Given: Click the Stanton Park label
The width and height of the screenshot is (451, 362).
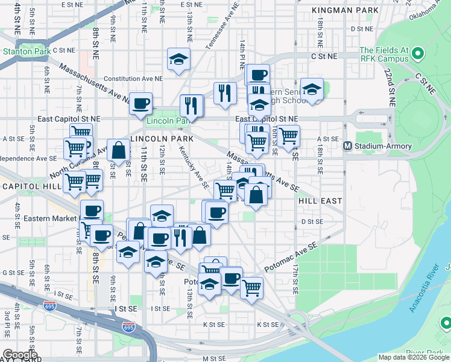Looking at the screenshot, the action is click(21, 52).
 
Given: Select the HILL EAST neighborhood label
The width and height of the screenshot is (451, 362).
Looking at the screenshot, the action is click(320, 200).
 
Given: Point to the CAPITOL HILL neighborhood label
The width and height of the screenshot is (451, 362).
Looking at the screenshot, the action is click(30, 186).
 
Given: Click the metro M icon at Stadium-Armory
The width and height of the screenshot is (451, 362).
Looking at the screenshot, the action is click(348, 146).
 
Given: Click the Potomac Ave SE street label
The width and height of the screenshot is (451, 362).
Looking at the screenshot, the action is click(291, 258).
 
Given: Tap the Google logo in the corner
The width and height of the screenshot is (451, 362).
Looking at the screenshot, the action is click(20, 355).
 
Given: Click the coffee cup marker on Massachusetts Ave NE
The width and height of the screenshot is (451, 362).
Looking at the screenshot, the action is click(140, 104).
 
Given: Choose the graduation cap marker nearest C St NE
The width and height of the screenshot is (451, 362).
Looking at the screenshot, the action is click(178, 59).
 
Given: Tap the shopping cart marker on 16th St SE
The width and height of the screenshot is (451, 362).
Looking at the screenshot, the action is click(289, 136).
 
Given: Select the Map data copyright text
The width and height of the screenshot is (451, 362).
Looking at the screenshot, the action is click(414, 357).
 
